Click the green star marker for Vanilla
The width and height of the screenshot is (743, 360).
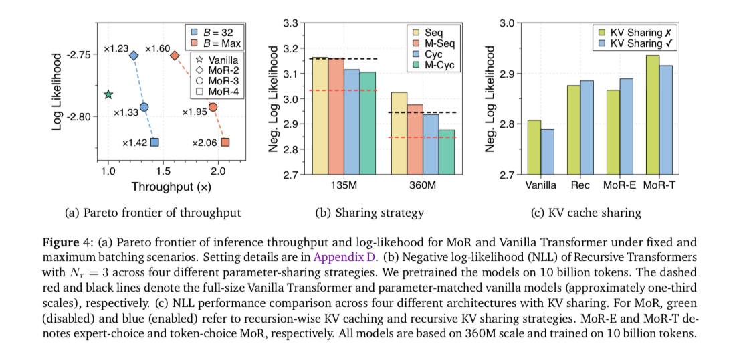pos(108,94)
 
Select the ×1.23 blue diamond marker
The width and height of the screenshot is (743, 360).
pos(134,56)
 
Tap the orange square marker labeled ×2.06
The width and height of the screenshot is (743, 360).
pos(225,142)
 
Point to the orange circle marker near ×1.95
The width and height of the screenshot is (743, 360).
pos(213,107)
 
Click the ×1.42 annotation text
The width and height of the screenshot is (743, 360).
pos(134,143)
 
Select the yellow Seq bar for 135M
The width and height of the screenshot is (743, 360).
pos(320,116)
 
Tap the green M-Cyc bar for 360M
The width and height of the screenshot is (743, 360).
pos(446,152)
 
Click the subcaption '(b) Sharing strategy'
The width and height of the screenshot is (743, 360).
pos(369,213)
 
